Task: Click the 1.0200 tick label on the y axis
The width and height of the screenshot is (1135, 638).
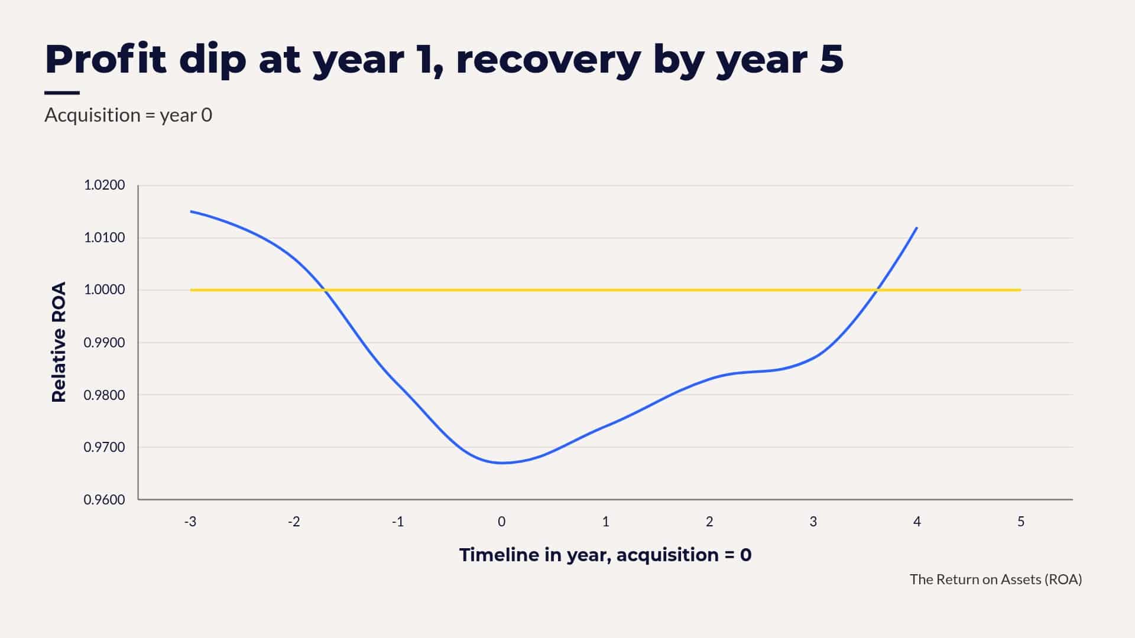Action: pos(104,185)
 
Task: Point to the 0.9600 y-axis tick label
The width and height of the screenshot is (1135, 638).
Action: pos(104,500)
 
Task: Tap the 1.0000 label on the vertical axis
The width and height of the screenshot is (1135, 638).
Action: pos(104,289)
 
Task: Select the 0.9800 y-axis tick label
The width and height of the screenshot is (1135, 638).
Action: pos(104,395)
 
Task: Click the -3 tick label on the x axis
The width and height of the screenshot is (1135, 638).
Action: pos(190,522)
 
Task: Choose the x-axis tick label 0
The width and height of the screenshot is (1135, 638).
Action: pos(501,522)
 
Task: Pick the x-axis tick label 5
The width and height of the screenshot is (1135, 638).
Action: pos(1021,522)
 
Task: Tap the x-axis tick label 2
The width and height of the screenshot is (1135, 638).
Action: pos(709,522)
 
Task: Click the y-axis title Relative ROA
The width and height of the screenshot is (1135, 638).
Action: pos(59,343)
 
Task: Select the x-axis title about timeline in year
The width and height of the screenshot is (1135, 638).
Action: pos(605,555)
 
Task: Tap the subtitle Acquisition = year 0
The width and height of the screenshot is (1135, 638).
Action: pos(128,115)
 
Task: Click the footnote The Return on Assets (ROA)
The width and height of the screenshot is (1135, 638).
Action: pos(996,580)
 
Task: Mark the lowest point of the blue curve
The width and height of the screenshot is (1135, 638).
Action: pos(502,463)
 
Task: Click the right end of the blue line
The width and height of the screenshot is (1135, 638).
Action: pos(917,227)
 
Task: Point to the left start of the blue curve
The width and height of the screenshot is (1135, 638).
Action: pos(190,211)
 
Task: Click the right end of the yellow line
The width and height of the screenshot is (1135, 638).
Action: pos(1021,290)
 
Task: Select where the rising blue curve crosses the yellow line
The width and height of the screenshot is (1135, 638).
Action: pos(877,290)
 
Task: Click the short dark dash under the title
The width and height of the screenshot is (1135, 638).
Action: pos(62,93)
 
